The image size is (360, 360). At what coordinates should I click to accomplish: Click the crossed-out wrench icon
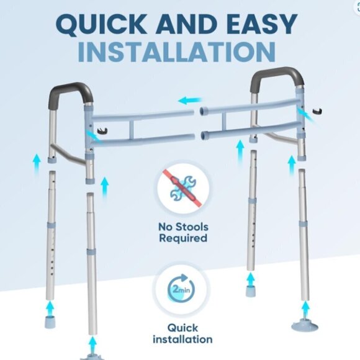[x=182, y=189]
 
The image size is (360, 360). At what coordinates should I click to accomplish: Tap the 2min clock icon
[x=181, y=290]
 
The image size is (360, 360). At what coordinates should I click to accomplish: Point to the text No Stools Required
[x=182, y=232]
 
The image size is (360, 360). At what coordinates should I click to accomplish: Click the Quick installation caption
[x=181, y=333]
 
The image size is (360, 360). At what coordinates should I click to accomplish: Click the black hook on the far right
[x=320, y=112]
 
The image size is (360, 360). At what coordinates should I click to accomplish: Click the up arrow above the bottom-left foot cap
[x=51, y=306]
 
